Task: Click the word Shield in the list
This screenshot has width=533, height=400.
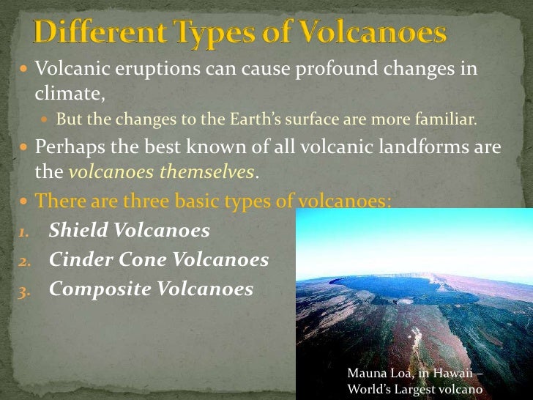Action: click(77, 231)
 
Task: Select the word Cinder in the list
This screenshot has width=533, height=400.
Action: click(81, 259)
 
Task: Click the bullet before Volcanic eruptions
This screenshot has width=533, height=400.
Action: click(20, 71)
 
